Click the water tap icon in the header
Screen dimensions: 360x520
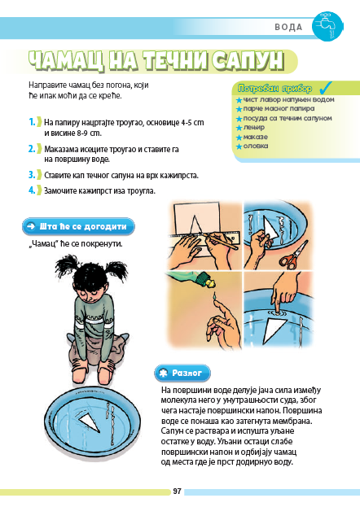[327, 26]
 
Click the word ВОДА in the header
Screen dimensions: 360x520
[288, 27]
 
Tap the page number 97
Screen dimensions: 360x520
[178, 492]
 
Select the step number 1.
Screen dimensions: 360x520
[32, 122]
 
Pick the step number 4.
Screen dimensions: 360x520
[32, 190]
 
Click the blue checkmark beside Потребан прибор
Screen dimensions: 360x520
[325, 87]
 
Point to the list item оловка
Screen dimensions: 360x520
[256, 146]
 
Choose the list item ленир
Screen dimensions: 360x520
[254, 127]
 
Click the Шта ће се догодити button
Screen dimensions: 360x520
[78, 226]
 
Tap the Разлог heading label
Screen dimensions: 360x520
[182, 373]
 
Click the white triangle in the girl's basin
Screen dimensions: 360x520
[90, 423]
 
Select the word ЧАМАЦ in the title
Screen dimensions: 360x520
[66, 61]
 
